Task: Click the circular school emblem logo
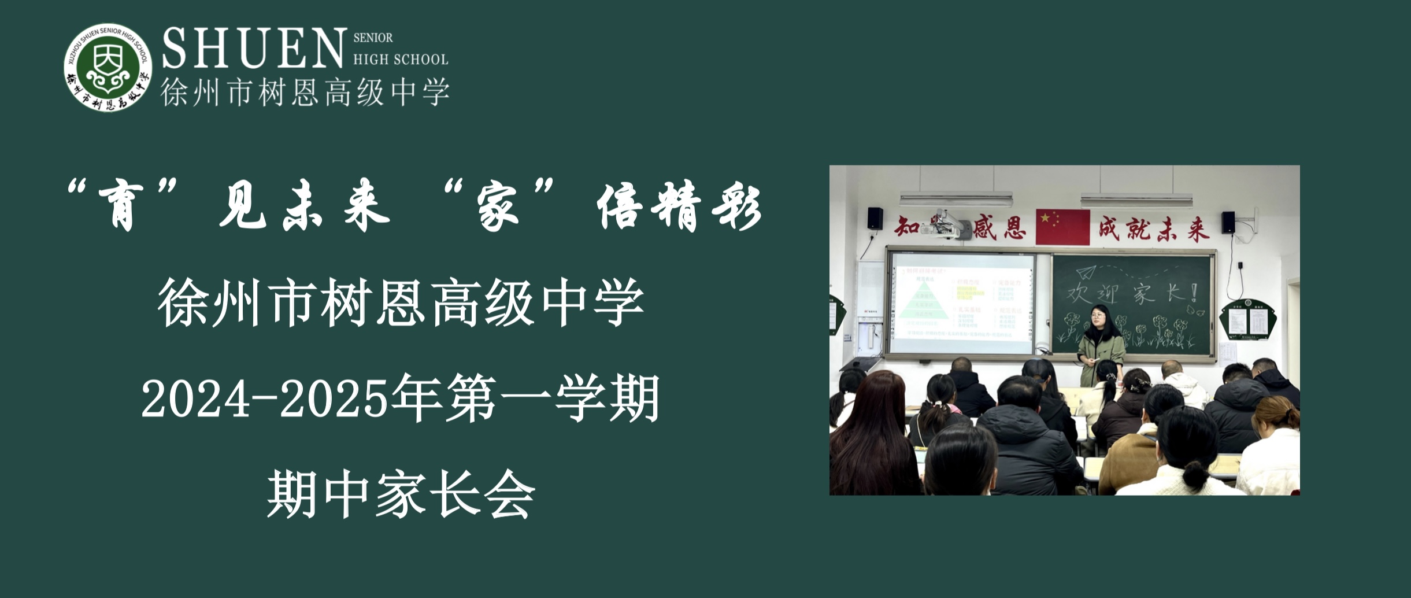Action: click(x=108, y=68)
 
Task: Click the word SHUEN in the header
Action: click(x=253, y=49)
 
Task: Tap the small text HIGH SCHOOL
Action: click(x=400, y=60)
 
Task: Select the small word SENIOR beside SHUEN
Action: click(x=373, y=38)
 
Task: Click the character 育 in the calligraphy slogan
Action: click(x=121, y=208)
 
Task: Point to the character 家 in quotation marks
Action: click(x=498, y=208)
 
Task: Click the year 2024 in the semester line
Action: click(x=195, y=400)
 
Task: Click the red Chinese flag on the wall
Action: click(x=1062, y=227)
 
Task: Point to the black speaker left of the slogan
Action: click(x=875, y=218)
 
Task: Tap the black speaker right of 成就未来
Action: click(x=1228, y=223)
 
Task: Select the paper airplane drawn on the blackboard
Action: click(x=1086, y=272)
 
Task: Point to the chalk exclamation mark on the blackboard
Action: click(x=1193, y=292)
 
